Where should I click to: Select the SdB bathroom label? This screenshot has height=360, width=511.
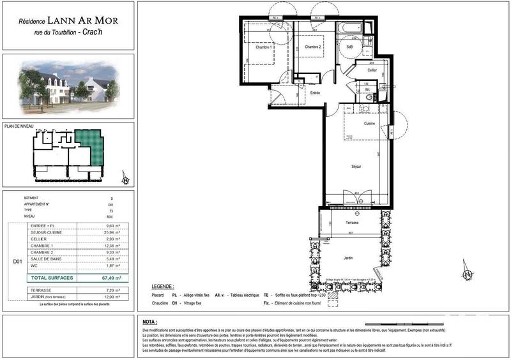pyautogui.click(x=349, y=47)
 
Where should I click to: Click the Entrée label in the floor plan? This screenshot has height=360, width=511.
pyautogui.click(x=315, y=93)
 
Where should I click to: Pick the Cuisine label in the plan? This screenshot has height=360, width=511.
pyautogui.click(x=369, y=123)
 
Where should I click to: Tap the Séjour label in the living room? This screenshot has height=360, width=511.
pyautogui.click(x=356, y=167)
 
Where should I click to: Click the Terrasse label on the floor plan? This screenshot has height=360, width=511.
pyautogui.click(x=353, y=223)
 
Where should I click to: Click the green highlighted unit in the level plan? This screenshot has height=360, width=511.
pyautogui.click(x=88, y=147)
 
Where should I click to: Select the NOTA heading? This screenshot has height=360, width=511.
pyautogui.click(x=151, y=322)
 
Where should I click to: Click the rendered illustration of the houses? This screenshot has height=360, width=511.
pyautogui.click(x=68, y=85)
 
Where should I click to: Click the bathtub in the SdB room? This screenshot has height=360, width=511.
pyautogui.click(x=349, y=29)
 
